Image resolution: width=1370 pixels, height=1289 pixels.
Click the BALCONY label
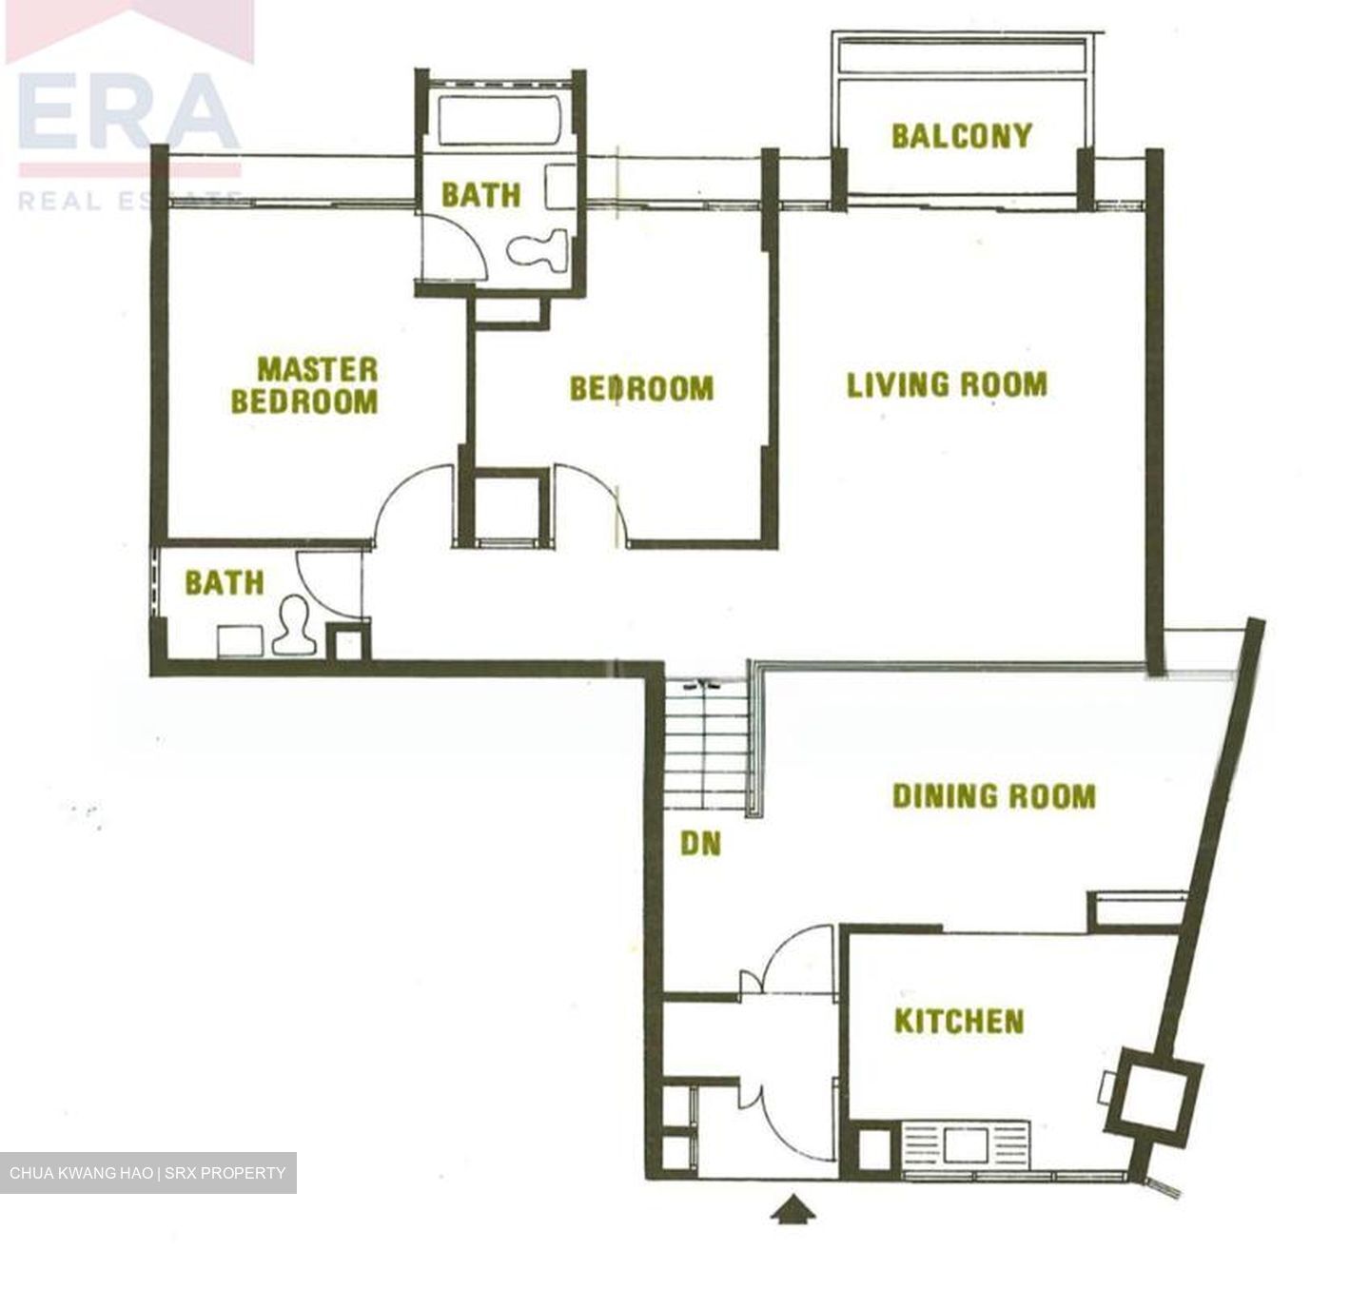coord(961,136)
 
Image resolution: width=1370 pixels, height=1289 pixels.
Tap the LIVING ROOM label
coord(948,385)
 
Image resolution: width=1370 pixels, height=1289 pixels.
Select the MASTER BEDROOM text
coord(304,385)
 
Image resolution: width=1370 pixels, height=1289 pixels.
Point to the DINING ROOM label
coord(993,795)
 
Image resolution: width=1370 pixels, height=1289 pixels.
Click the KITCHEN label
coord(959,1022)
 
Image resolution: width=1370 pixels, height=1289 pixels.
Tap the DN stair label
coord(700,844)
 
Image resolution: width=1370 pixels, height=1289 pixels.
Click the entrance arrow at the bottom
coord(792,1211)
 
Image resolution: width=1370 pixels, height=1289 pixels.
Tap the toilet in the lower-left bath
coord(294,629)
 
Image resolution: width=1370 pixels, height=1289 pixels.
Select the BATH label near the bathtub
coord(481,195)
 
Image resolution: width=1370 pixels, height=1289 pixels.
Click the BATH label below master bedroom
coord(225,582)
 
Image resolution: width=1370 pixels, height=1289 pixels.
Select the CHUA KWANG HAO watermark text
coord(147,1173)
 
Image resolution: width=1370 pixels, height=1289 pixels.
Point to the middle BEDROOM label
coord(641,389)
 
